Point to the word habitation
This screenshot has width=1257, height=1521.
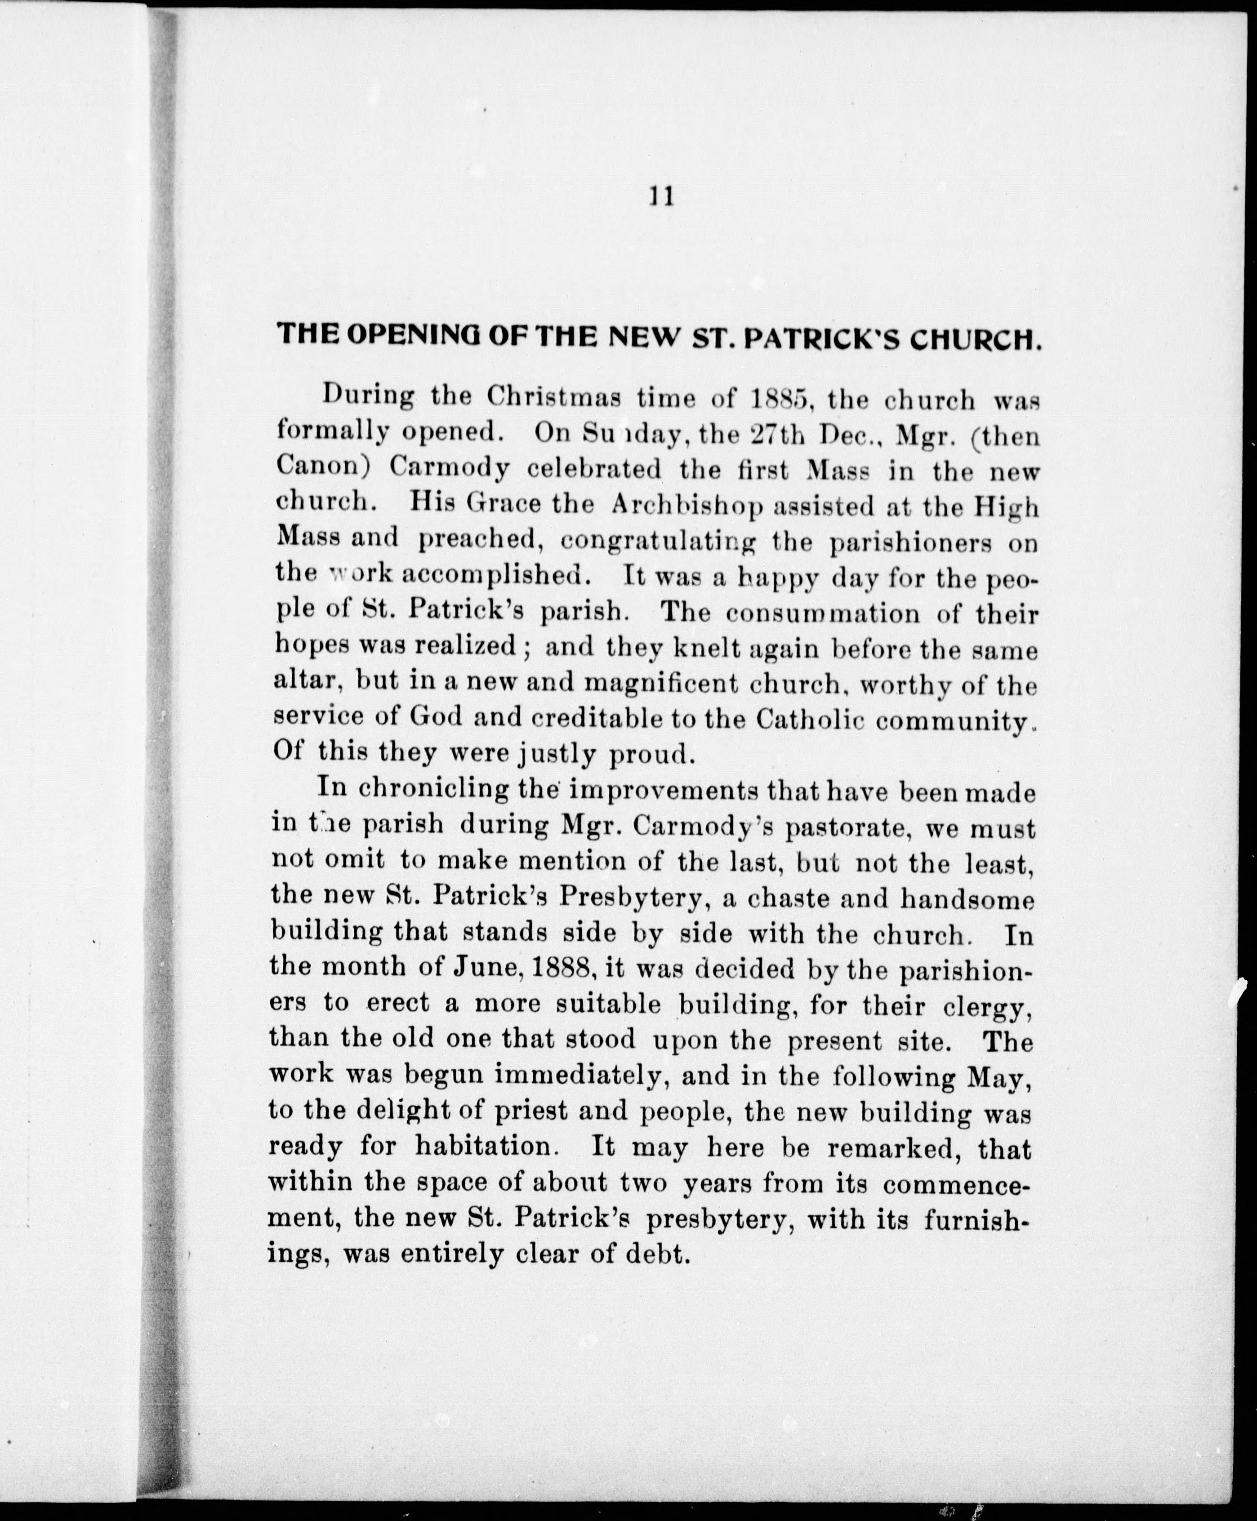tap(484, 1146)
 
